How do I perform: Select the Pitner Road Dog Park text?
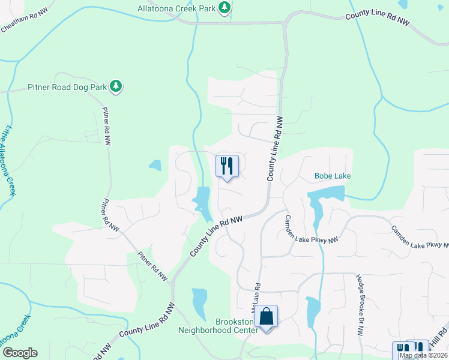tap(67, 87)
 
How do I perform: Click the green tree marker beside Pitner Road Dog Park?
tap(115, 87)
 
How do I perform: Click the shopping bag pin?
tap(267, 317)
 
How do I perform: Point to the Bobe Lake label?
tap(333, 176)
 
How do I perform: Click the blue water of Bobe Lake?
tap(327, 194)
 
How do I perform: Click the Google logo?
tap(20, 353)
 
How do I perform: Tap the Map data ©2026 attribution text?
tap(423, 355)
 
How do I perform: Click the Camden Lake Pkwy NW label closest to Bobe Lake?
tap(312, 229)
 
